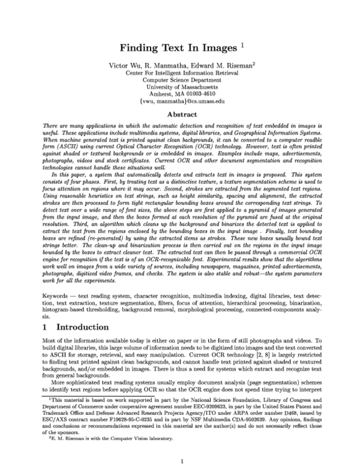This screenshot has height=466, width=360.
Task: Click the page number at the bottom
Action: pos(181,444)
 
